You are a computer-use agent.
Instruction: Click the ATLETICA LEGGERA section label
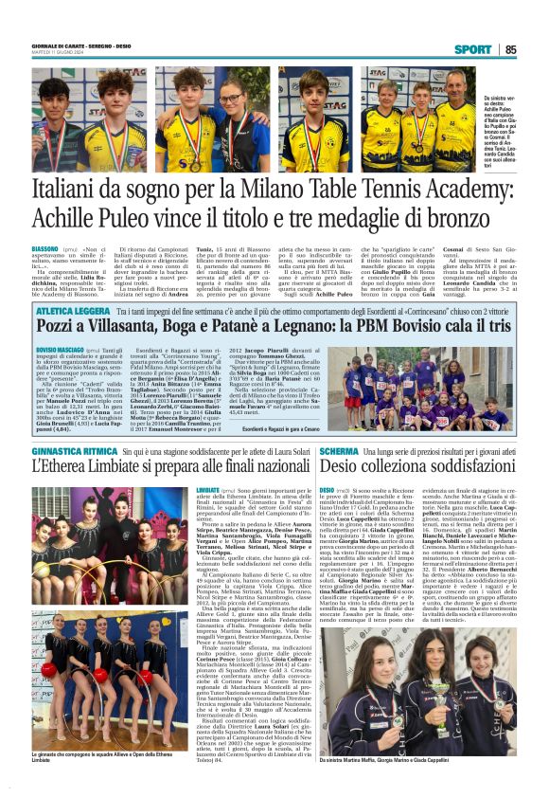[x=74, y=283]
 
